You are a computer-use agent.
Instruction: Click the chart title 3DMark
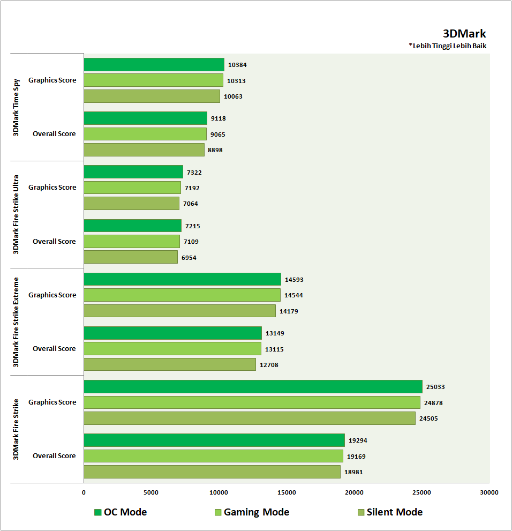[x=464, y=34]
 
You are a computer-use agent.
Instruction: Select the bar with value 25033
[x=253, y=386]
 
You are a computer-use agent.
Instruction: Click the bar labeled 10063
[x=152, y=96]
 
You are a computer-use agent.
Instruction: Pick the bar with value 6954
[x=131, y=257]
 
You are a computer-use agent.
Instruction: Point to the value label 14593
[x=294, y=279]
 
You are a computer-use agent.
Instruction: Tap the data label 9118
[x=218, y=118]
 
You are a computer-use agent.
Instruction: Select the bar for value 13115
[x=172, y=349]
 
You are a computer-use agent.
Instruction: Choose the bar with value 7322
[x=133, y=172]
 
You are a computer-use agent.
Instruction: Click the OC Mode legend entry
[x=120, y=512]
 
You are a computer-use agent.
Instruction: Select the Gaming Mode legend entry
[x=251, y=512]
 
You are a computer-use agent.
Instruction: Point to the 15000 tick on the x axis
[x=287, y=492]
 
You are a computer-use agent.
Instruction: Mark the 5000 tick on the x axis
[x=151, y=492]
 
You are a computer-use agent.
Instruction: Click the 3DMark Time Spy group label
[x=16, y=107]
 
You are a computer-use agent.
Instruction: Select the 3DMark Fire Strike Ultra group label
[x=16, y=214]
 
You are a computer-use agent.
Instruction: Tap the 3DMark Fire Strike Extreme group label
[x=16, y=321]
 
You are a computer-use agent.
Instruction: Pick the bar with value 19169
[x=213, y=456]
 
